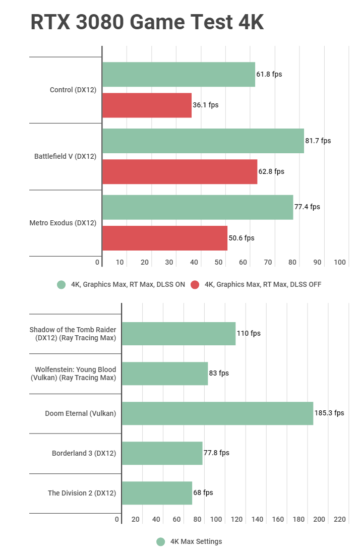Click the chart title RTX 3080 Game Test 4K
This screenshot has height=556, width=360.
pos(147,22)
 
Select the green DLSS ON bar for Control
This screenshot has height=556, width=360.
pos(178,75)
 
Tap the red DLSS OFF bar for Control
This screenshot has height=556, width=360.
pos(147,105)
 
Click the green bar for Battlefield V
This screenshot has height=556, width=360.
pos(203,141)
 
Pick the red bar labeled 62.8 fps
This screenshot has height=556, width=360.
pos(179,172)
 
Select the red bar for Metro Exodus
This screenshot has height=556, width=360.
pos(165,238)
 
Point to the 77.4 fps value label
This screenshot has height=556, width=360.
pos(307,207)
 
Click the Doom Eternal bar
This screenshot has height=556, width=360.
pos(217,413)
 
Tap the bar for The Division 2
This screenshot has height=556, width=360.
pos(157,493)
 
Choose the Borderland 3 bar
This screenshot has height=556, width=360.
pos(162,453)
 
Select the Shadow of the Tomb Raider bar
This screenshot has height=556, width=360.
pos(178,334)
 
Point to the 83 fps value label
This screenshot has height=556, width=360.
pos(219,373)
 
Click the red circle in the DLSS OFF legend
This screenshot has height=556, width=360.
pos(195,285)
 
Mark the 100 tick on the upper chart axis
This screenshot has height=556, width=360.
pos(339,262)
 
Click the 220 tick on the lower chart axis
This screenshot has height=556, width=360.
pos(339,519)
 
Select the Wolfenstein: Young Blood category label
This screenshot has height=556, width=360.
pos(75,374)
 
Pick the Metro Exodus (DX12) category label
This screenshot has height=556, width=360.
pos(63,223)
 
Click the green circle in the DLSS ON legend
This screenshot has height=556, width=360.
pos(62,285)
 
